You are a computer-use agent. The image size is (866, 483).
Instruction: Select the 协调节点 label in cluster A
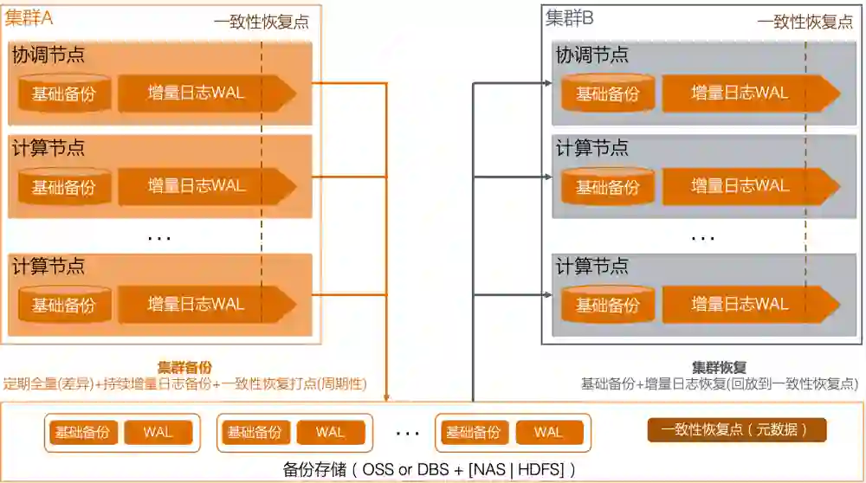coord(48,55)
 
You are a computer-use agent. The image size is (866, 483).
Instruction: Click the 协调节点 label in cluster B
coord(592,55)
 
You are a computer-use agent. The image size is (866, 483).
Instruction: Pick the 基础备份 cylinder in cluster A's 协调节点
coord(64,93)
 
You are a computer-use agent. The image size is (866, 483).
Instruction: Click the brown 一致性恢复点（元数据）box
coord(737,430)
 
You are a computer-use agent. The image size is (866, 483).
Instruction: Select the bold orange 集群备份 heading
coord(184,367)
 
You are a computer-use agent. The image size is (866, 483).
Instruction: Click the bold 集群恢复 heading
coord(719,367)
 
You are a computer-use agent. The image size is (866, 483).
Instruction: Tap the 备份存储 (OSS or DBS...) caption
coord(429,470)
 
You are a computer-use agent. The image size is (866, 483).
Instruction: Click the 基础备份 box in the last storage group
coord(473,432)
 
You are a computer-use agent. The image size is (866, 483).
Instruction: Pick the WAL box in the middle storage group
coord(330,432)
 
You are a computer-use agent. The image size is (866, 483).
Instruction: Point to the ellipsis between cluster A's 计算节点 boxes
coord(159,235)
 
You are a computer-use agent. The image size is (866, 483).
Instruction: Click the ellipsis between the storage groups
coord(407,432)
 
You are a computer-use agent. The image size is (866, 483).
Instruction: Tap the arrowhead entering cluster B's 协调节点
coord(547,82)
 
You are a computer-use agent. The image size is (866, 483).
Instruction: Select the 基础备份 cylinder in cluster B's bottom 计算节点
coord(608,305)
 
